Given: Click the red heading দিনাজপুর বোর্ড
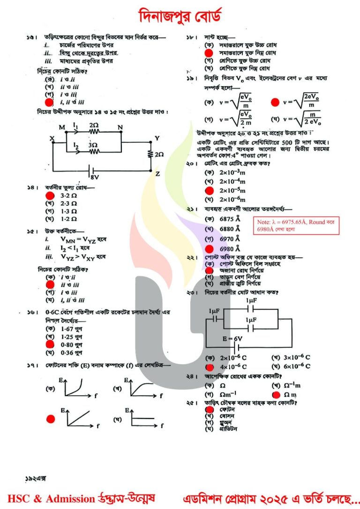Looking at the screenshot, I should pos(180,16).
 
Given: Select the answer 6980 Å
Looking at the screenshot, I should pos(230,248).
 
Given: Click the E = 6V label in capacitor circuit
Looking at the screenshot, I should pos(232,338).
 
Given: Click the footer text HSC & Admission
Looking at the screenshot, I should pos(51,498).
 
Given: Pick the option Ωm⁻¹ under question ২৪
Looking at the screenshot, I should pos(230,395).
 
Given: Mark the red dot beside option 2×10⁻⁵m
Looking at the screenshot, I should pos(209,190).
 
